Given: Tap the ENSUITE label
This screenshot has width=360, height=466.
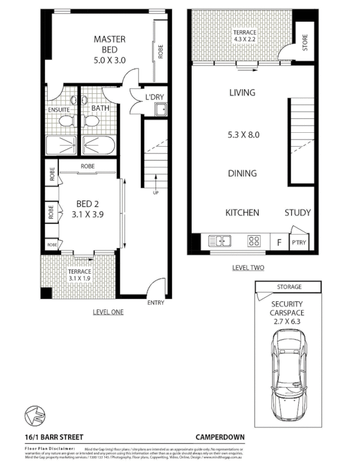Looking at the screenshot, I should [59, 109].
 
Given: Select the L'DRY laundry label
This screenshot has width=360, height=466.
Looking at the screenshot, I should [153, 96].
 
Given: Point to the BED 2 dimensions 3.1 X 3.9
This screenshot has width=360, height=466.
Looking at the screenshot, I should [86, 214].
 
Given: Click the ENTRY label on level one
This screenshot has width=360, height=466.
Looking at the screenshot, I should [156, 302].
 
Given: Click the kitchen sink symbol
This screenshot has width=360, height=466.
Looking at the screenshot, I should [221, 240].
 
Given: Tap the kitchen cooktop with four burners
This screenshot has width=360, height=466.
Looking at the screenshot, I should [255, 240].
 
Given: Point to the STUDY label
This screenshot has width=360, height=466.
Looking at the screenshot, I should [297, 213].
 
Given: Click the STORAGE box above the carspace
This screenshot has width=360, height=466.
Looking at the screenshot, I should [288, 287].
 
